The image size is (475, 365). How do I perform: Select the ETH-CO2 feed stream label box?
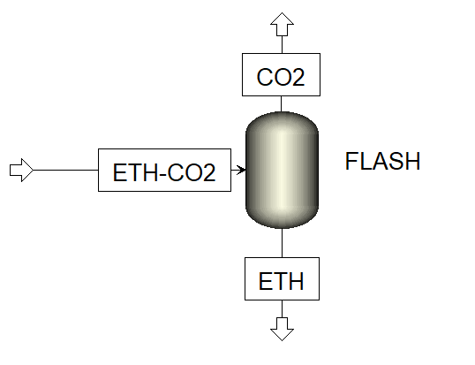(x=164, y=170)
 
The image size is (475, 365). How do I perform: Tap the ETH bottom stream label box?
(x=281, y=281)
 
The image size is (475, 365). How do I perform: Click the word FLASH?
(x=383, y=163)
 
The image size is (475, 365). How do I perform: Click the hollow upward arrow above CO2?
(x=281, y=24)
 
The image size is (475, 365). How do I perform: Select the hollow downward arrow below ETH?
(x=281, y=327)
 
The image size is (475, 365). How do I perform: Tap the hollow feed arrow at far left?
(x=20, y=170)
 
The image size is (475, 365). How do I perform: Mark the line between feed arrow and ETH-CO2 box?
(x=66, y=170)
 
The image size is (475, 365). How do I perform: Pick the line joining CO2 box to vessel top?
(x=281, y=103)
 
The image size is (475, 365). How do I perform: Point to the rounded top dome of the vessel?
(x=281, y=120)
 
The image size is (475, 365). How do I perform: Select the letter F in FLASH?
(x=351, y=163)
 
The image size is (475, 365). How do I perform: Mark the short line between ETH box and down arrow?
(x=281, y=308)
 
